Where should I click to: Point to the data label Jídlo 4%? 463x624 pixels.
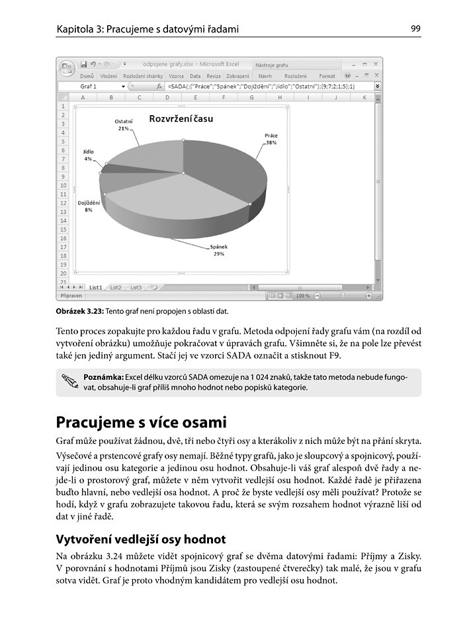pyautogui.click(x=88, y=155)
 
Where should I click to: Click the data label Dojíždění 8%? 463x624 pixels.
pyautogui.click(x=88, y=206)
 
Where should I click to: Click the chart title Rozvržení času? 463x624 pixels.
pyautogui.click(x=181, y=120)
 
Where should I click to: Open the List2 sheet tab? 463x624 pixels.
pyautogui.click(x=116, y=287)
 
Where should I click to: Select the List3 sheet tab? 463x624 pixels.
pyautogui.click(x=136, y=287)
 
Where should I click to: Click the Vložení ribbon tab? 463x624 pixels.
pyautogui.click(x=108, y=76)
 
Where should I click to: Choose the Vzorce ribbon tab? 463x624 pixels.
pyautogui.click(x=176, y=76)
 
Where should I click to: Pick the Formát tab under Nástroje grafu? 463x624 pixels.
pyautogui.click(x=327, y=76)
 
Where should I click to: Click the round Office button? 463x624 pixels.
pyautogui.click(x=67, y=67)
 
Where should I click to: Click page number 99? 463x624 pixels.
pyautogui.click(x=415, y=28)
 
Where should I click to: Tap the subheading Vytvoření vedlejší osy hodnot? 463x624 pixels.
pyautogui.click(x=141, y=539)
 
